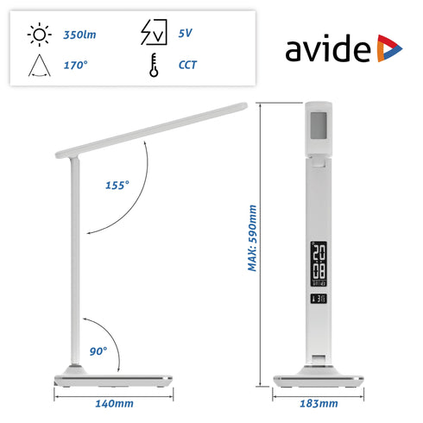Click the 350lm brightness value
[80, 35]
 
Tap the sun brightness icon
[39, 35]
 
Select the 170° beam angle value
[76, 65]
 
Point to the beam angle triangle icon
[39, 64]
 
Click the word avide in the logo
[329, 49]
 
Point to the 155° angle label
[117, 185]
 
